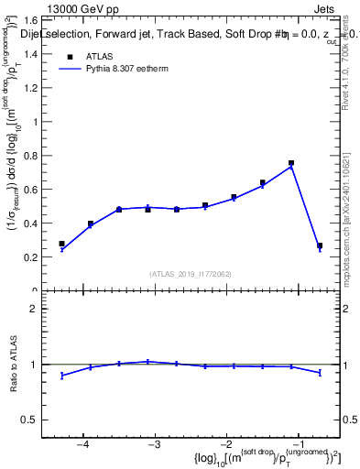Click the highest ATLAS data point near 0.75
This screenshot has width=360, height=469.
click(x=290, y=163)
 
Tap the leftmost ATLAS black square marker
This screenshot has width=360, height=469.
click(x=61, y=244)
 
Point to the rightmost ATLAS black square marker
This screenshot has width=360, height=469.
click(x=319, y=245)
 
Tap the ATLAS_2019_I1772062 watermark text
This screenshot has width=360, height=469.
click(x=191, y=274)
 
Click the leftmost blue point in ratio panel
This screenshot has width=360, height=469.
click(x=61, y=376)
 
